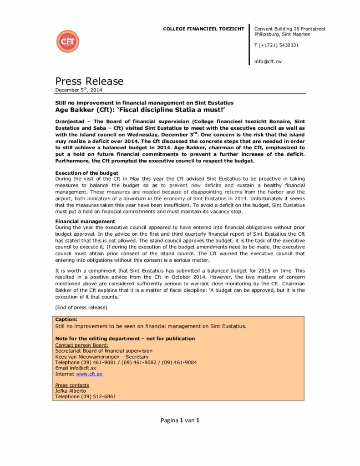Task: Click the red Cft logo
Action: coord(67,41)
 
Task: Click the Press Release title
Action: coord(89,81)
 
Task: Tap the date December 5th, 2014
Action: coord(79,90)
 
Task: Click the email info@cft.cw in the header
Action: coord(268,61)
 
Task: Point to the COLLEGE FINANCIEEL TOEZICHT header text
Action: coord(203,29)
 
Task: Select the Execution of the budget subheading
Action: coord(86,173)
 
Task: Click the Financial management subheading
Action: coord(85,221)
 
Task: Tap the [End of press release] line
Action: coord(81,308)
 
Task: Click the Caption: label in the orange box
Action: coord(66,320)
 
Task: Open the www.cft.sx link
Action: coord(89,374)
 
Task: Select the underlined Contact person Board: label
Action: coord(82,345)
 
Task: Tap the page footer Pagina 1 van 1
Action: coord(180,420)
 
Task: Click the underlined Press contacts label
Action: coord(72,385)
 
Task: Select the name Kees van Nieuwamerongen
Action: coord(88,356)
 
